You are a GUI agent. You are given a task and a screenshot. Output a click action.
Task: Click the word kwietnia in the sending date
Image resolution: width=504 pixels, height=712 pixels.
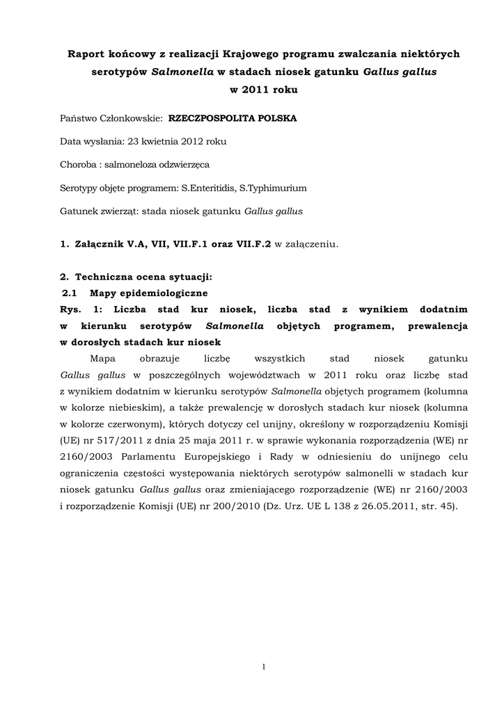(x=162, y=141)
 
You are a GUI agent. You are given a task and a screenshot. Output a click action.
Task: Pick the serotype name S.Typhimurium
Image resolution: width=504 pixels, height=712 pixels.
(x=273, y=188)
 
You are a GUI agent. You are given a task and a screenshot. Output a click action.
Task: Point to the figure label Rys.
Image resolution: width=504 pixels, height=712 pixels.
(x=71, y=309)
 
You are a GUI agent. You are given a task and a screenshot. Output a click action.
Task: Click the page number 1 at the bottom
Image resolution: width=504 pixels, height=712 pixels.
(x=264, y=667)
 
